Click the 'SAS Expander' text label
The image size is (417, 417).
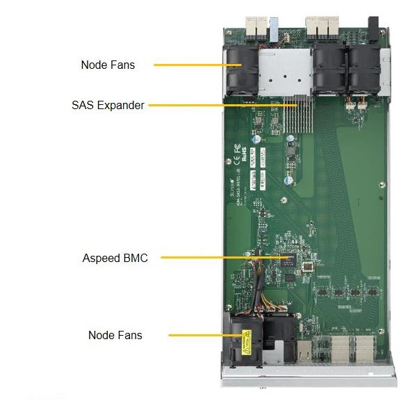point(108,106)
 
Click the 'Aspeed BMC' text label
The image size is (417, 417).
point(115,258)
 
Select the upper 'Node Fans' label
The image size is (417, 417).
point(108,65)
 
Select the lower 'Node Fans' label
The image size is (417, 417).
point(115,335)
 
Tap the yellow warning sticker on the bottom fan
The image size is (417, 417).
point(246,341)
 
